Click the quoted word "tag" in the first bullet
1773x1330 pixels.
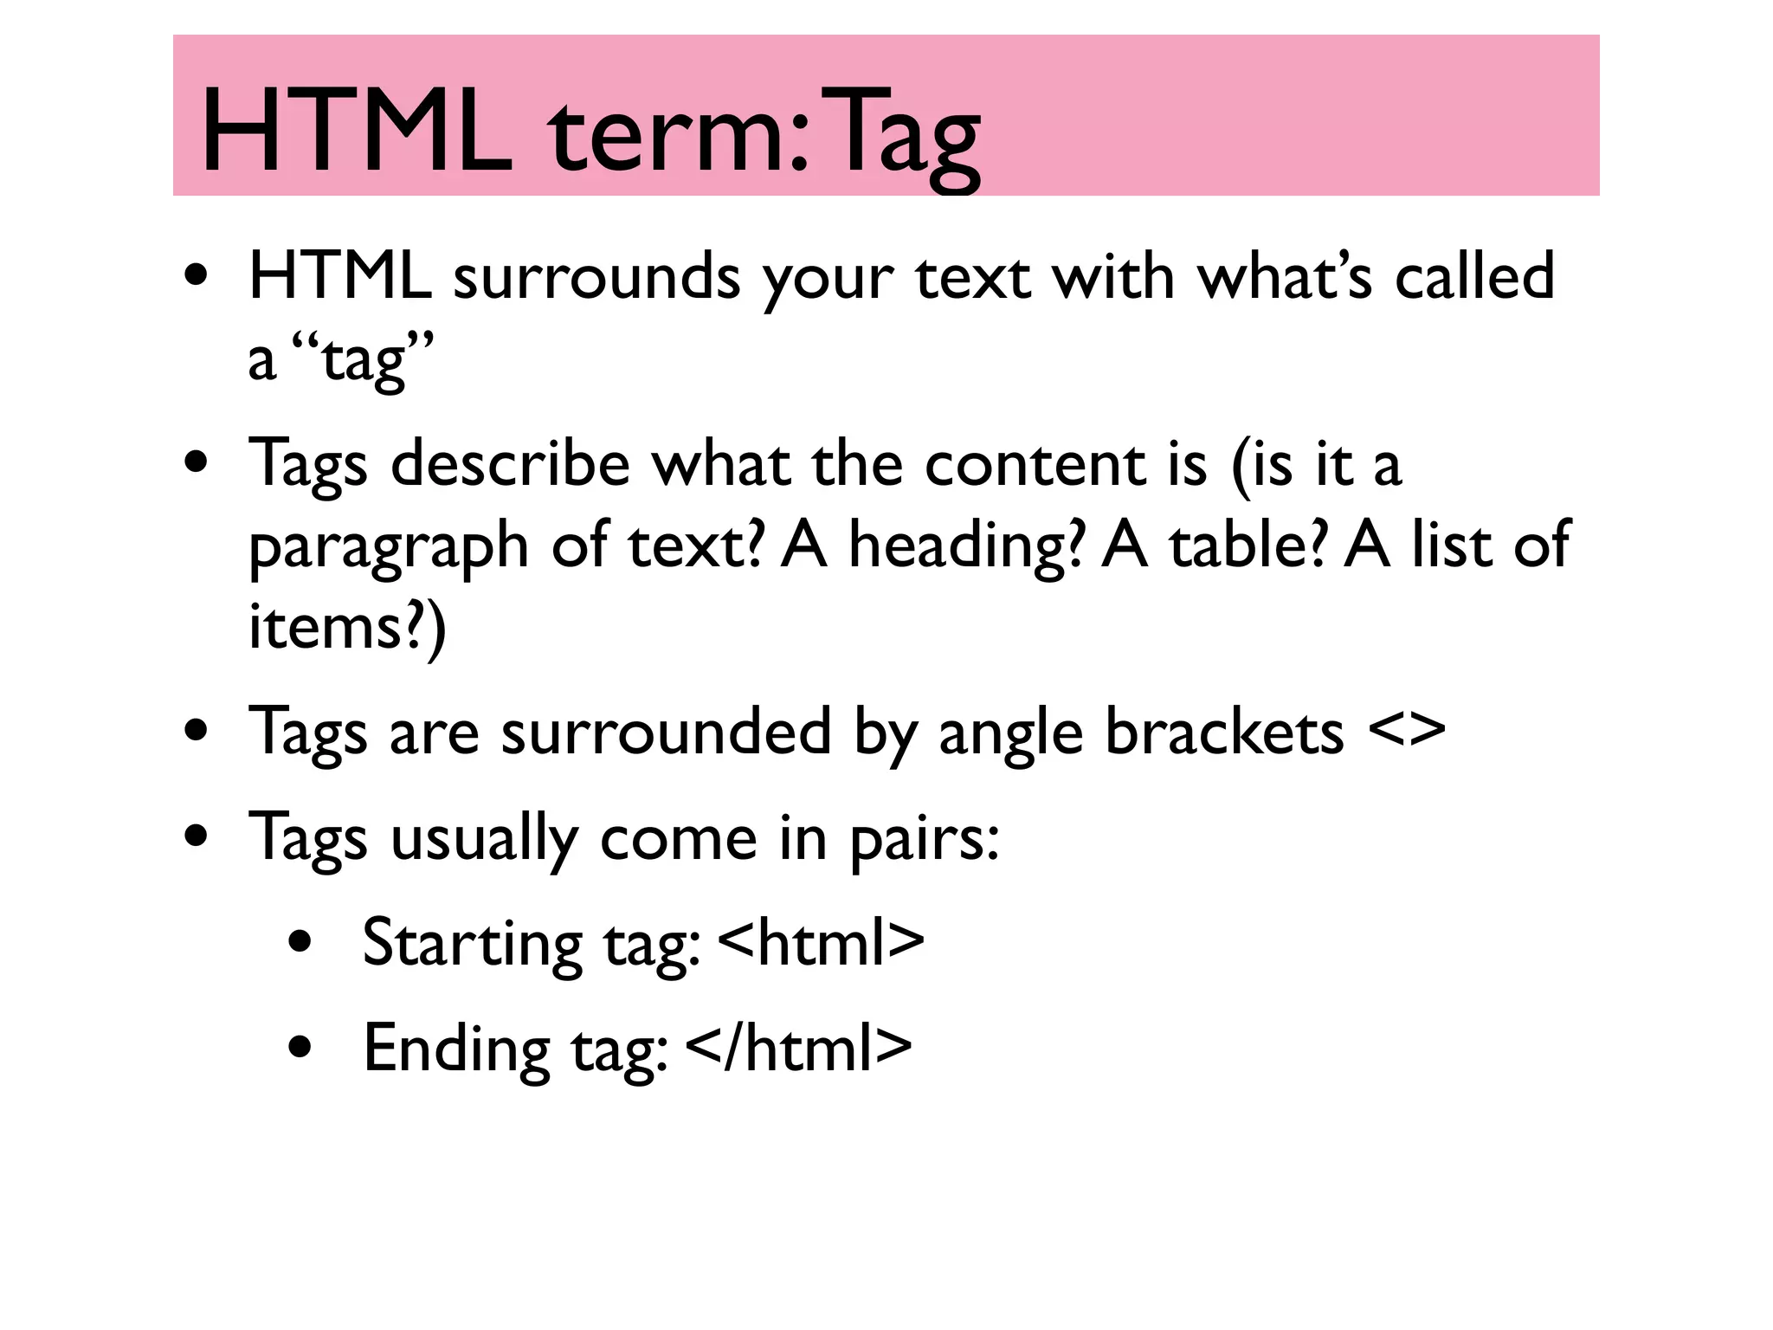click(362, 358)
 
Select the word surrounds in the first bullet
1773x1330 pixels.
click(596, 277)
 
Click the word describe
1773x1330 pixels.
click(510, 464)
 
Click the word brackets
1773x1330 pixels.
click(1224, 732)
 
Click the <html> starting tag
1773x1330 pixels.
click(821, 943)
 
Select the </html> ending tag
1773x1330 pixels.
click(798, 1048)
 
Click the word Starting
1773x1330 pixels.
click(472, 945)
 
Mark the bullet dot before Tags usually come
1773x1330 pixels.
click(197, 837)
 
